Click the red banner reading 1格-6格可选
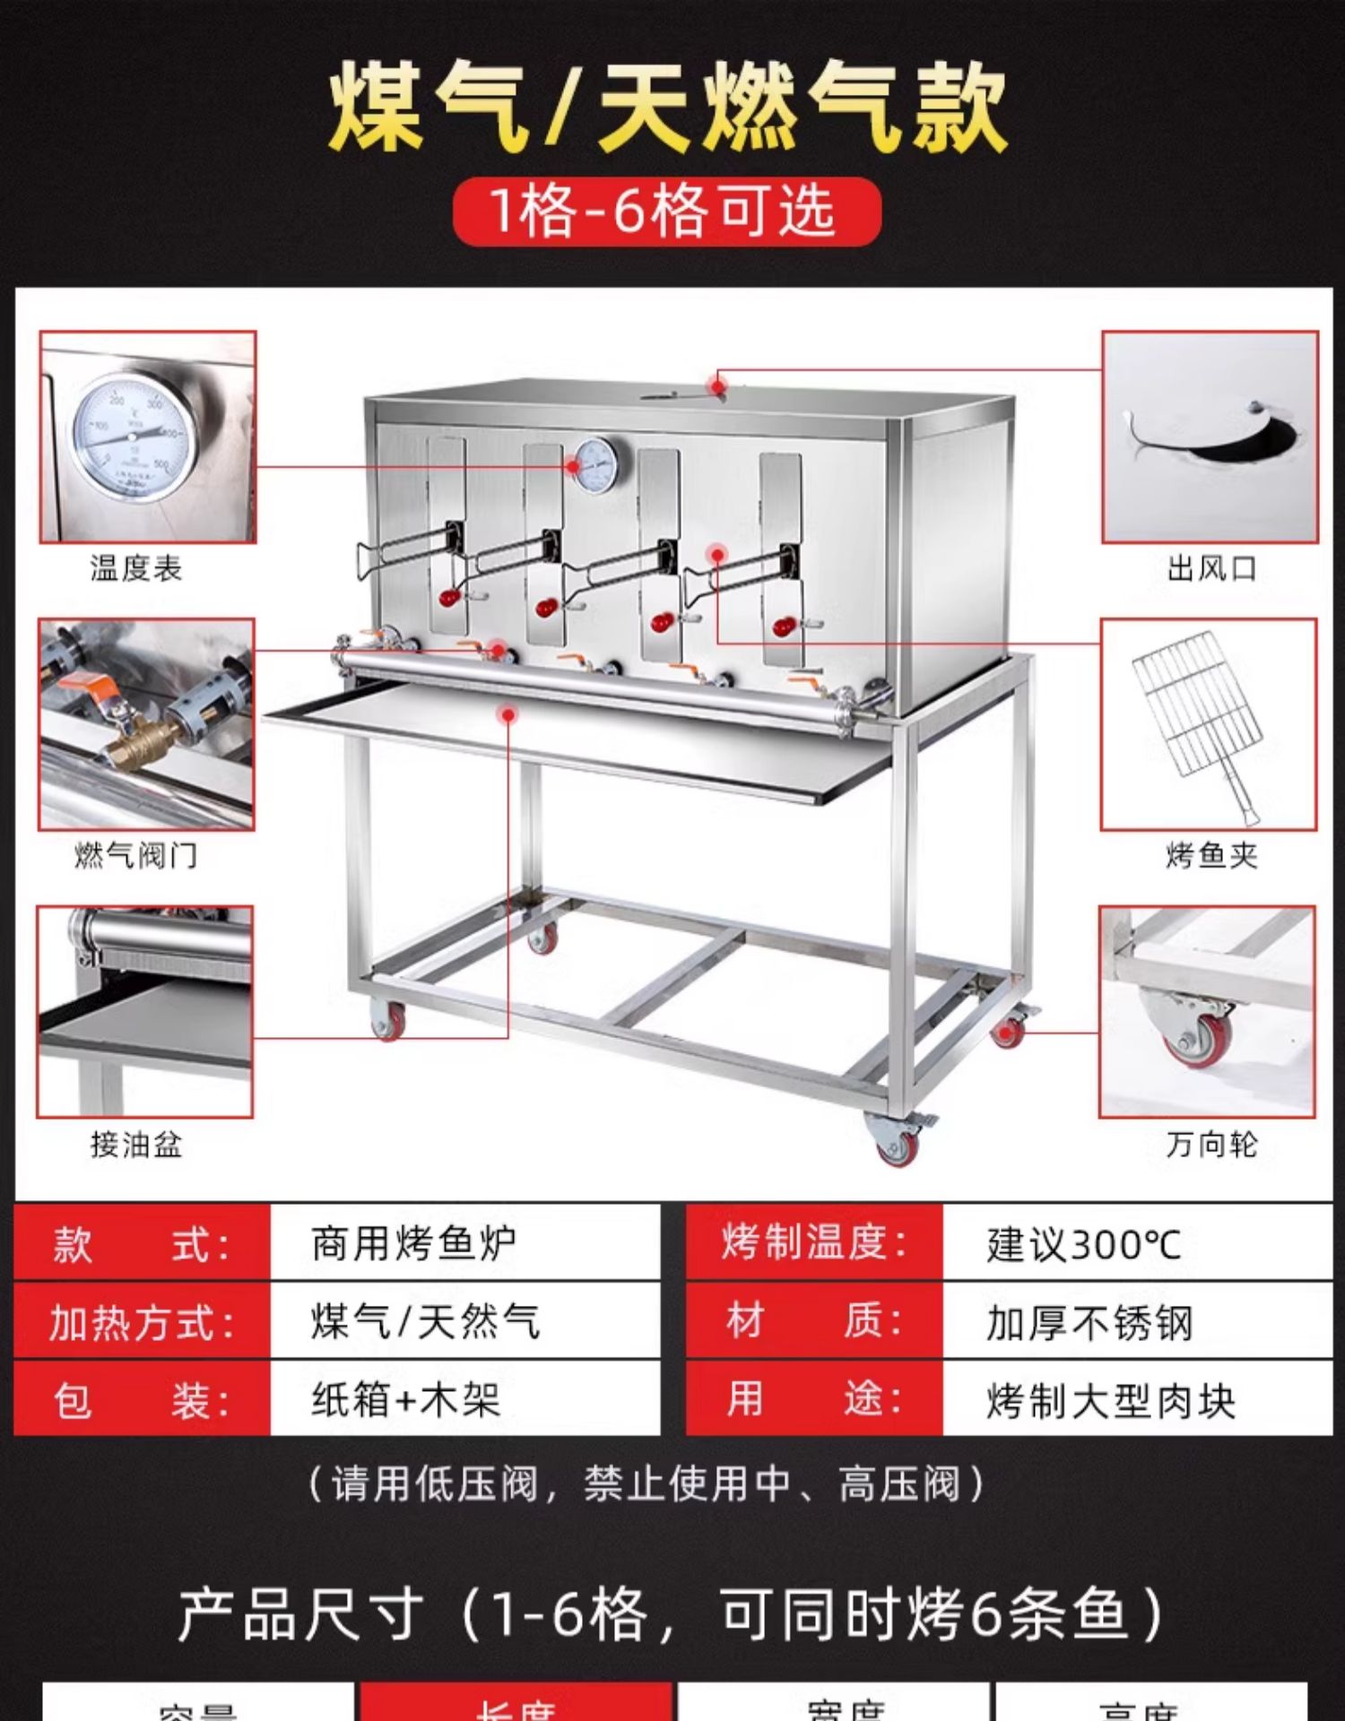coord(666,212)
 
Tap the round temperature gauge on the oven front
coord(599,465)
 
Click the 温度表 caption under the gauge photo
coord(136,567)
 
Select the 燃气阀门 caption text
coord(136,855)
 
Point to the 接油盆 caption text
coord(136,1144)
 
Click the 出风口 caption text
coord(1211,567)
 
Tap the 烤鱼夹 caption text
coord(1211,855)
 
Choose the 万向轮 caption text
coord(1211,1144)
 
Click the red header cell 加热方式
coord(142,1322)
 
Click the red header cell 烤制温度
coord(814,1243)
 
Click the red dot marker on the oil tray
coord(508,714)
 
